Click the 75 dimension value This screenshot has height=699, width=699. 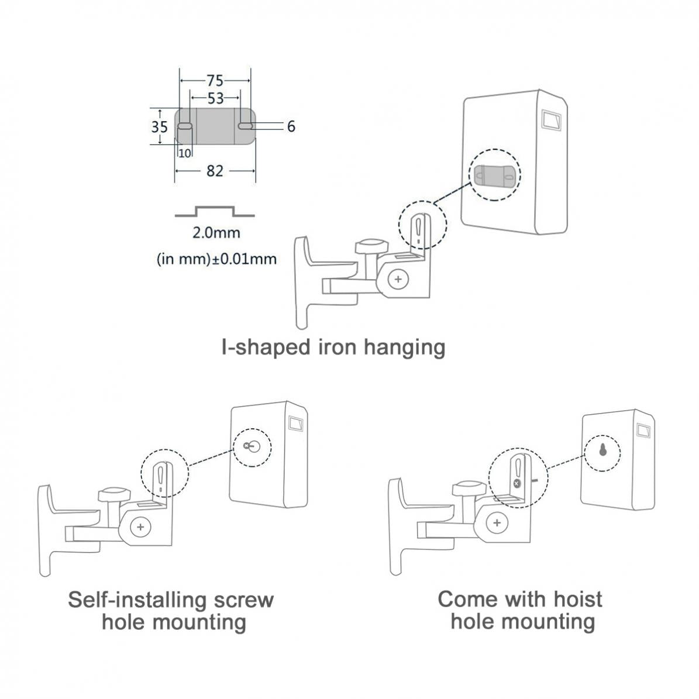click(215, 81)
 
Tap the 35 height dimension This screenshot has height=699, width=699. click(159, 126)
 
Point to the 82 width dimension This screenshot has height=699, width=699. click(215, 171)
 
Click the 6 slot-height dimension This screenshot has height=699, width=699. click(291, 126)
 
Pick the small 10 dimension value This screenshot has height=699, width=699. click(184, 153)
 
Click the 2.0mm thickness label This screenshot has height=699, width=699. click(216, 233)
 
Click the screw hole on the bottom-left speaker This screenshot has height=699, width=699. click(250, 446)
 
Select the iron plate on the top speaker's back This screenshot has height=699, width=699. click(495, 175)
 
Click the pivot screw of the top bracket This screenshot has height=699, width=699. click(398, 280)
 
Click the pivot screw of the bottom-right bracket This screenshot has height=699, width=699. click(497, 523)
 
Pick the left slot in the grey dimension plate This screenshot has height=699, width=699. click(185, 126)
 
